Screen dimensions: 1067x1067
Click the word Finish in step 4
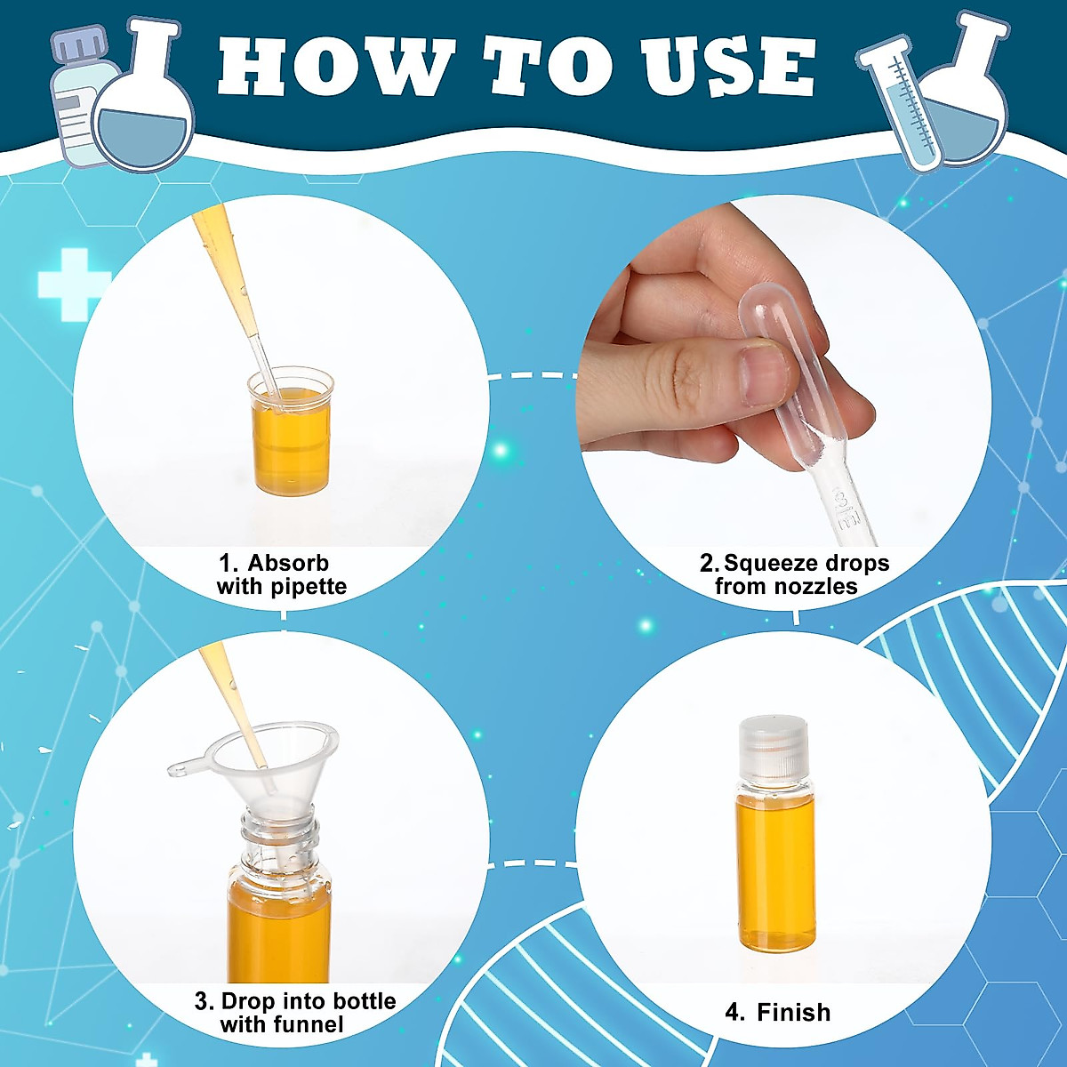793,1012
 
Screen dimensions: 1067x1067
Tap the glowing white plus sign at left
73,284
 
